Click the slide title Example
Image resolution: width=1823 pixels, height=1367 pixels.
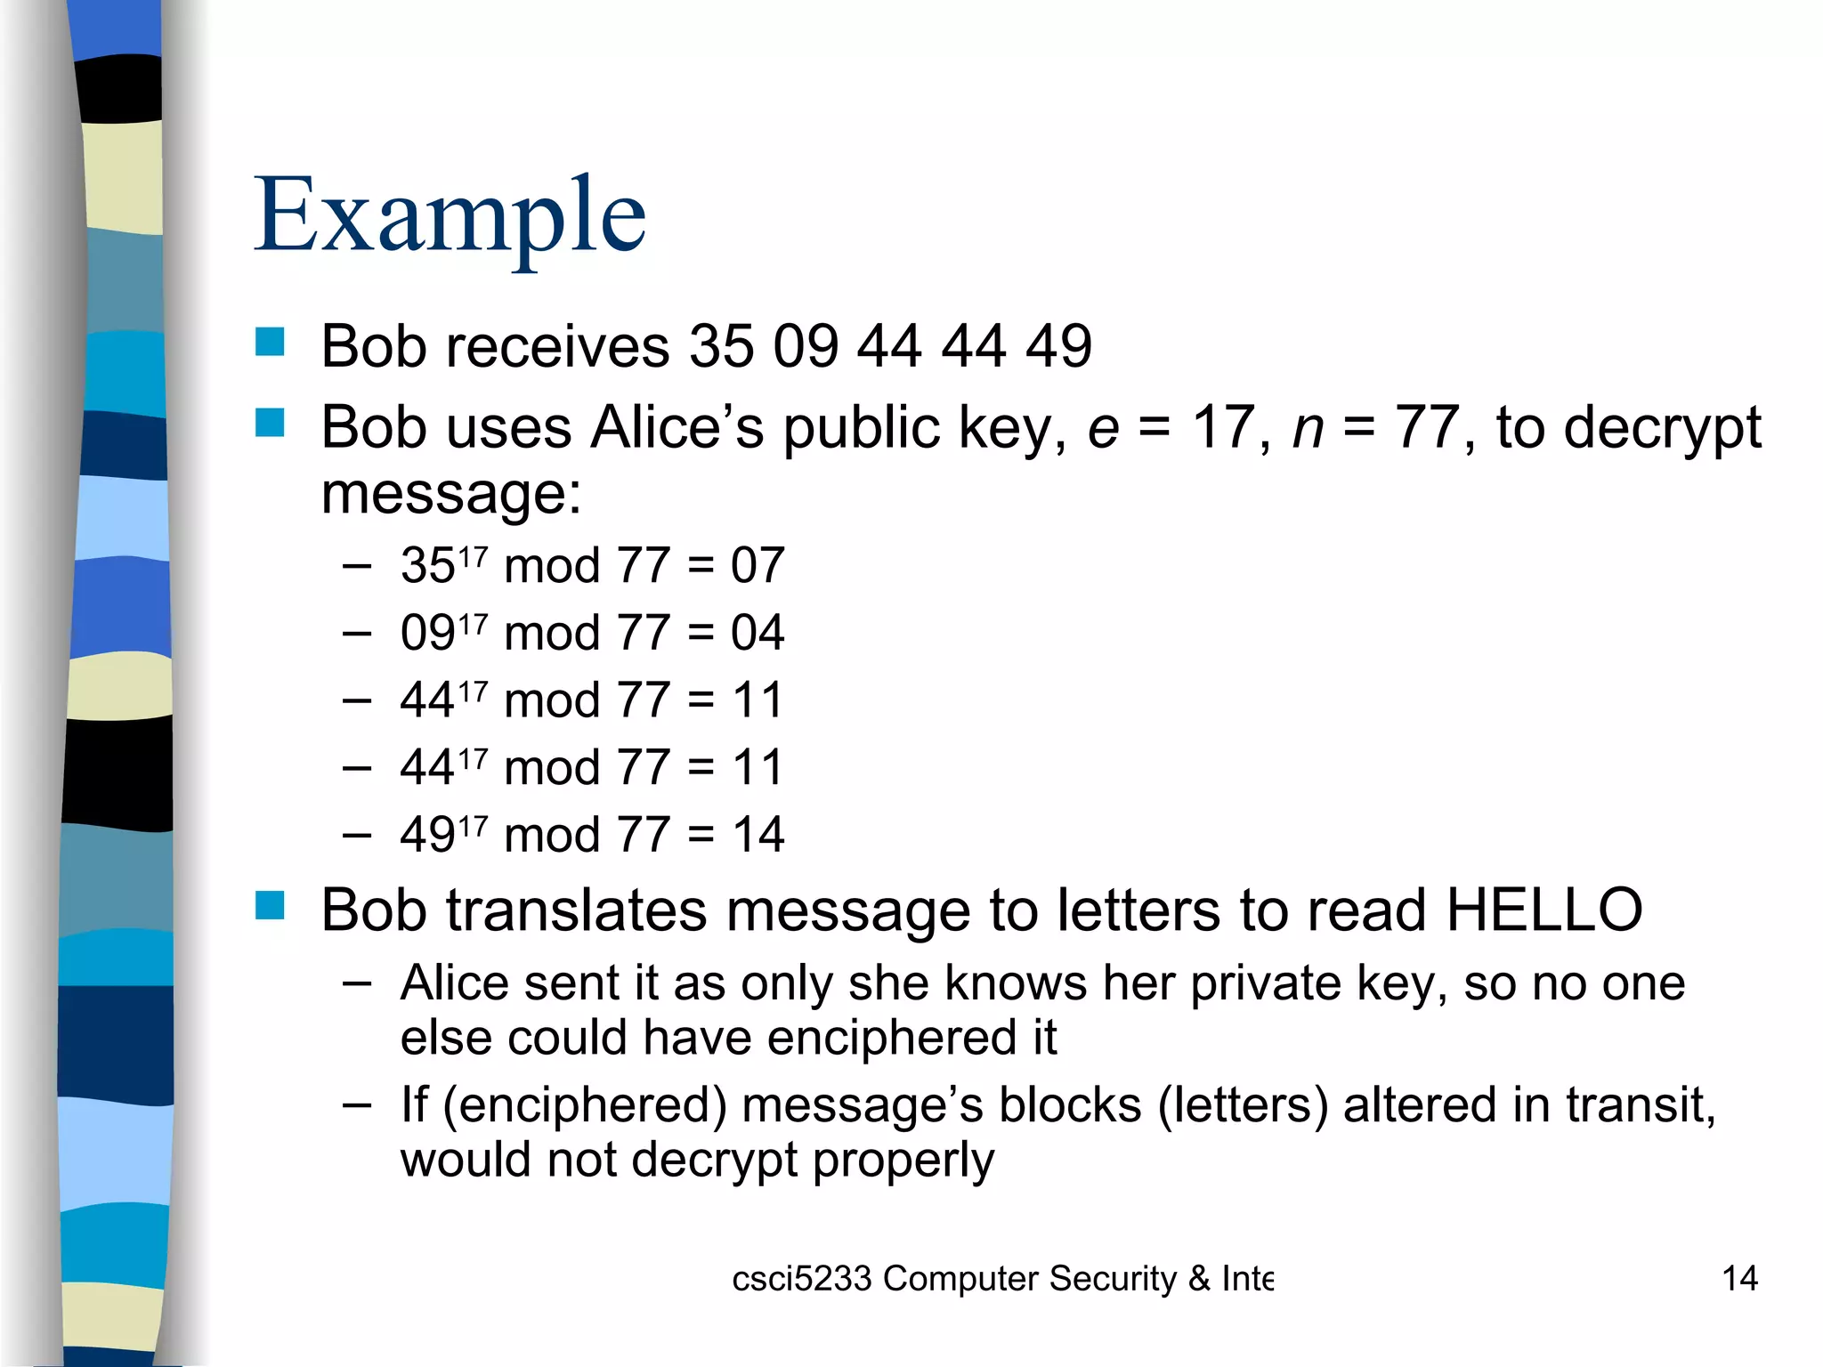point(450,216)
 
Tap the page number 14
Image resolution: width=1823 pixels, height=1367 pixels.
point(1739,1279)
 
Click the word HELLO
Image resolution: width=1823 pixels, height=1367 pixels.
point(1544,910)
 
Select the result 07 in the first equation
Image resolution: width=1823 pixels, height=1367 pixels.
point(758,565)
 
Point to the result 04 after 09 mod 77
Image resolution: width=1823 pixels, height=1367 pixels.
point(758,633)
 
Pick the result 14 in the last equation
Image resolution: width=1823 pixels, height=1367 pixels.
point(758,835)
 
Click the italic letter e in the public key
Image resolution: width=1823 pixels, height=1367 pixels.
point(1104,429)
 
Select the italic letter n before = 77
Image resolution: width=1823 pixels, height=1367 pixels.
point(1309,429)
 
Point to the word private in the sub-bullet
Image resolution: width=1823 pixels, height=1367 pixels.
point(1266,984)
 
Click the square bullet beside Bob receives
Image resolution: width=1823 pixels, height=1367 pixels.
point(270,342)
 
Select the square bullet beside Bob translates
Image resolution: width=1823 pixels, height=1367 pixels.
point(270,906)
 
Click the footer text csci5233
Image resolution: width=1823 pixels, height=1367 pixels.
point(801,1279)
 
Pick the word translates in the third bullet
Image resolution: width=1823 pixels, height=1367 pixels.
point(576,910)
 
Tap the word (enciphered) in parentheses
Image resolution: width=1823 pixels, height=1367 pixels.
point(585,1106)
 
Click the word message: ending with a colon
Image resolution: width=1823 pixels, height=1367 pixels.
point(450,494)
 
